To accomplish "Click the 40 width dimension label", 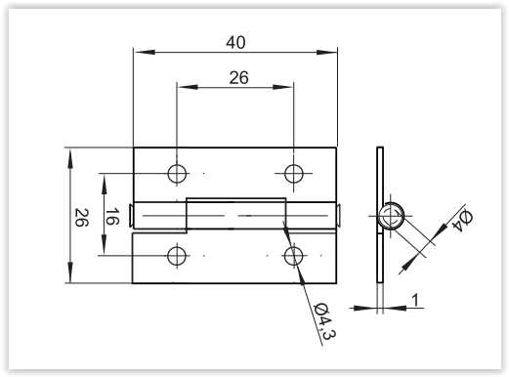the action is point(235,43).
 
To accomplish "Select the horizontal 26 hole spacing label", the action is point(238,78).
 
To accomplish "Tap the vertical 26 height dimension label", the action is point(81,218).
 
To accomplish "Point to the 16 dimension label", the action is point(112,217).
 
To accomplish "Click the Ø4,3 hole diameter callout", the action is point(324,321).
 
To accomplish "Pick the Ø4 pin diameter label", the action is point(463,221).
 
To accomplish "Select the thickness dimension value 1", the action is point(415,300).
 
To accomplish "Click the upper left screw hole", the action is point(177,173).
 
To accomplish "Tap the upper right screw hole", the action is point(293,173).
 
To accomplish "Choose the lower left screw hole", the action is point(177,256).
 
